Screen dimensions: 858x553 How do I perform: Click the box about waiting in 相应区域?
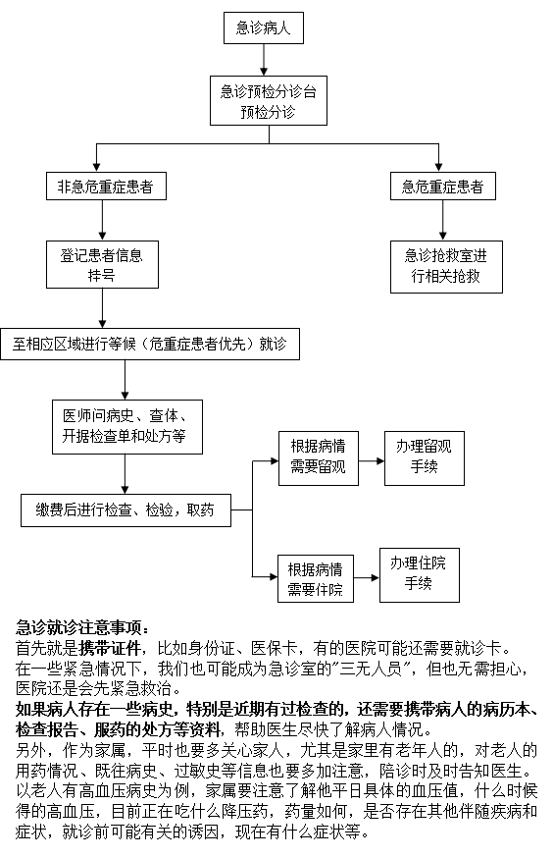point(149,344)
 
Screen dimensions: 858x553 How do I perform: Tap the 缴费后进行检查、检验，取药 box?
point(125,509)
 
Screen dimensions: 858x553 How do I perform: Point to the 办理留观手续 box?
point(424,456)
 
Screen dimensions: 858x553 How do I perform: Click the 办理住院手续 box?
point(419,573)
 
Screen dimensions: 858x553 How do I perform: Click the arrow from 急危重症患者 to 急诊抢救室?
point(443,220)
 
